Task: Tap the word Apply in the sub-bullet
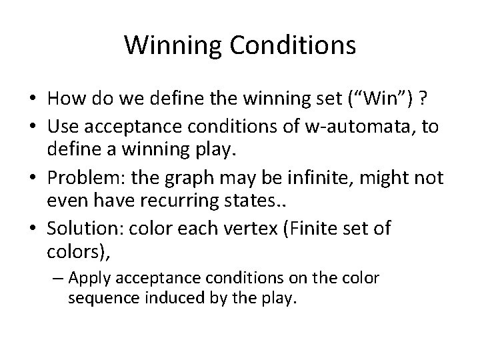[105, 278]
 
